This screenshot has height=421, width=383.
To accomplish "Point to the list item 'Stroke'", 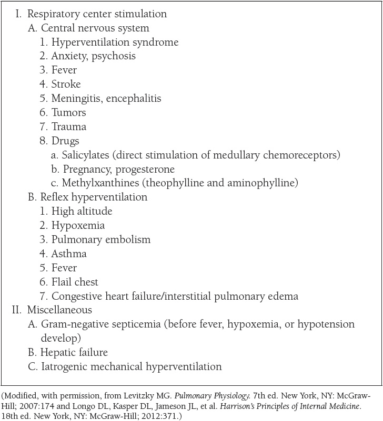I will pyautogui.click(x=66, y=84).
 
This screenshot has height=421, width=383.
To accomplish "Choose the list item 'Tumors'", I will pyautogui.click(x=69, y=112).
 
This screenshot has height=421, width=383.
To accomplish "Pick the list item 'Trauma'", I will pyautogui.click(x=69, y=127).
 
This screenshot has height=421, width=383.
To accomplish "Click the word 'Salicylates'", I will pyautogui.click(x=85, y=155).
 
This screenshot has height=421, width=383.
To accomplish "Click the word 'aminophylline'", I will pyautogui.click(x=266, y=183).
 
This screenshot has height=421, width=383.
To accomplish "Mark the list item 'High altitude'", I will pyautogui.click(x=82, y=212).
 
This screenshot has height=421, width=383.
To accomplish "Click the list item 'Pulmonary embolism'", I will pyautogui.click(x=100, y=239).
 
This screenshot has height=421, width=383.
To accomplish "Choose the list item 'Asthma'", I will pyautogui.click(x=69, y=254).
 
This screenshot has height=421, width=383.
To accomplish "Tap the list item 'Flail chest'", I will pyautogui.click(x=75, y=282).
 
